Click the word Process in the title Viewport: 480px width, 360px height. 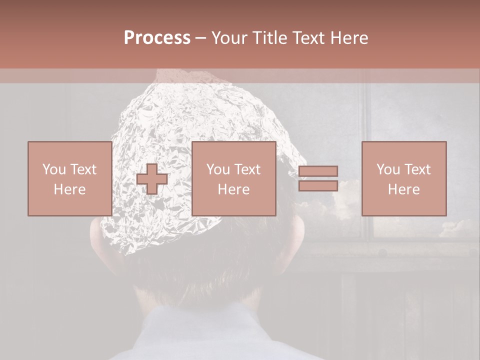(157, 38)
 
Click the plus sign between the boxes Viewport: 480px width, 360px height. (152, 178)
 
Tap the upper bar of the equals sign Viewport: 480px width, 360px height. (318, 171)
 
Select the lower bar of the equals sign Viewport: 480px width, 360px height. (318, 185)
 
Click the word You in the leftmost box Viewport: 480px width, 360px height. (53, 169)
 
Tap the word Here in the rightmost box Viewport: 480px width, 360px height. (403, 189)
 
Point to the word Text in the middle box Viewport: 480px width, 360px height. (247, 169)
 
